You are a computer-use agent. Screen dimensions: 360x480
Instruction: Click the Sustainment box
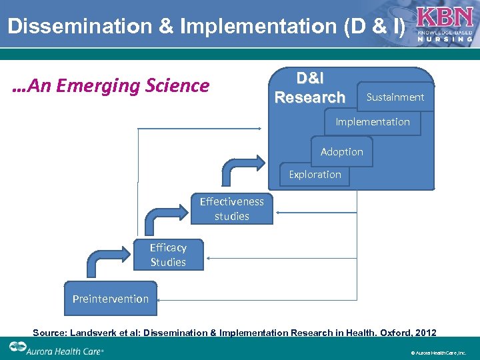click(x=395, y=97)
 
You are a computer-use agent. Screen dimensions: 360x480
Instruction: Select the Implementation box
click(x=373, y=122)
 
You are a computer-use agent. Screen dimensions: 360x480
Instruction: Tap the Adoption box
click(x=342, y=152)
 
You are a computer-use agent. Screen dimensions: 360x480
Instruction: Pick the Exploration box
click(x=315, y=175)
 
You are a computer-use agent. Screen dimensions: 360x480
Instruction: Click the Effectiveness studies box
click(x=231, y=209)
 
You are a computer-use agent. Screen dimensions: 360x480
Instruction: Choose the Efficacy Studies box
click(x=168, y=255)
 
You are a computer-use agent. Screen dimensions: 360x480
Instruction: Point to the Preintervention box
click(x=111, y=299)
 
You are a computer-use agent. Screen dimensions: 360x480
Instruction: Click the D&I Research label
click(x=310, y=88)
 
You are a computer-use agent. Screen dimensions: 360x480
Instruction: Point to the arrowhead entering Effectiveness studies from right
click(x=279, y=214)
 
